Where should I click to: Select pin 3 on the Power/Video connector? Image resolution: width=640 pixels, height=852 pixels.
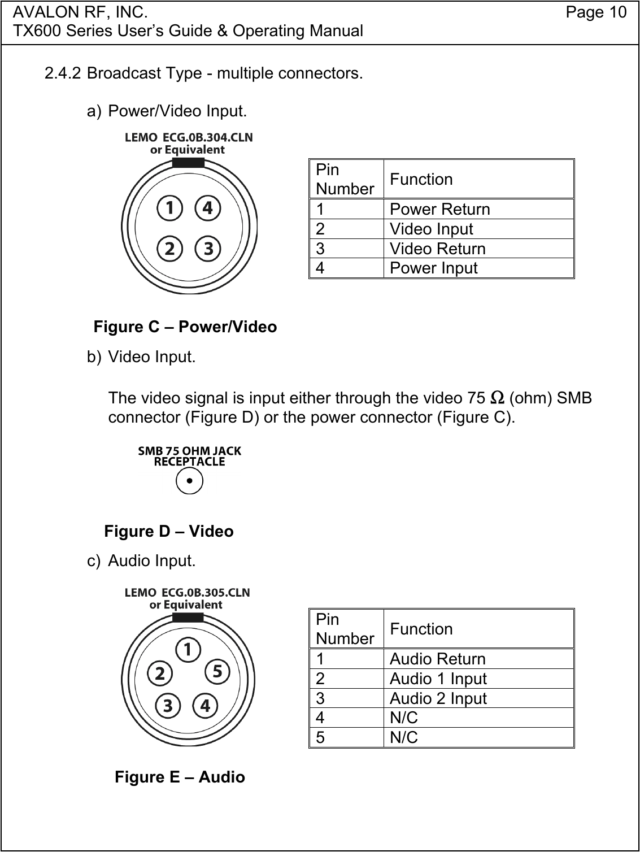pos(208,249)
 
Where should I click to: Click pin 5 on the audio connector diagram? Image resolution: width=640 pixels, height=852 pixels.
pos(217,672)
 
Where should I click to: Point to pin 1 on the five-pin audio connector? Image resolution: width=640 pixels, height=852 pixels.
pos(188,650)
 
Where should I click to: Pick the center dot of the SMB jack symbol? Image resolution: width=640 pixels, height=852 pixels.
pos(189,481)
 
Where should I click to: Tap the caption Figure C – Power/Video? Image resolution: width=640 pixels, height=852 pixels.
pos(185,327)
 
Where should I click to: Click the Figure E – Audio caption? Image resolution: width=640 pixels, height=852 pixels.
pos(180,777)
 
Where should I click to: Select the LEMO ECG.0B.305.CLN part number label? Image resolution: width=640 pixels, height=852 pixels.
pos(187,593)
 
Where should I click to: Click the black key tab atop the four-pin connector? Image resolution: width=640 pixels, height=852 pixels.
pos(188,163)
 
